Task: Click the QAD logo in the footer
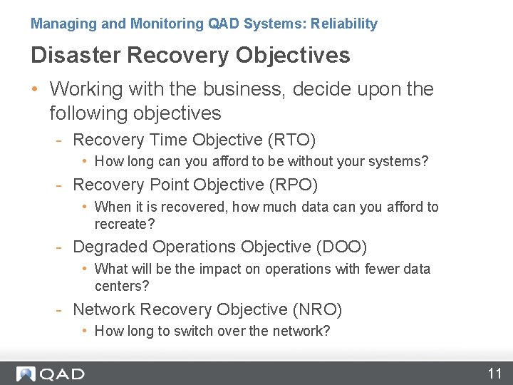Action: coord(51,374)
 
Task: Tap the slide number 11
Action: coord(494,374)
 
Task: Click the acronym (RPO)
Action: coord(294,185)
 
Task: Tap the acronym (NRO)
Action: coord(317,309)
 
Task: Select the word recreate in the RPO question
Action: coord(121,224)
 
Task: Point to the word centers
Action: coord(119,286)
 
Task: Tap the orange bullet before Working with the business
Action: coord(35,90)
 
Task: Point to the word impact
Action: coord(224,269)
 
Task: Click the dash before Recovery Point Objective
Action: coord(61,185)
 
